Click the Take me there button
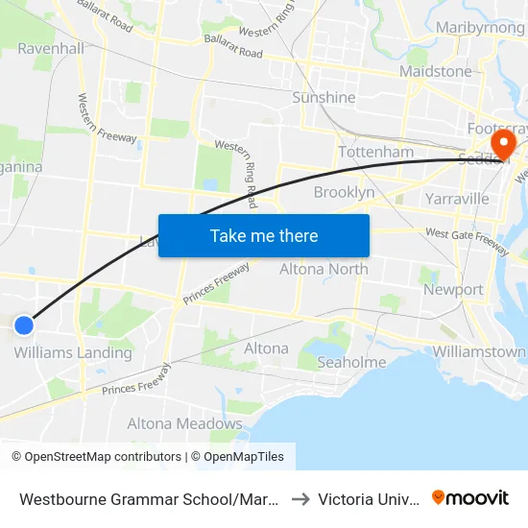tap(264, 235)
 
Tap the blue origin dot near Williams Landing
tap(25, 325)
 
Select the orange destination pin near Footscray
tap(501, 144)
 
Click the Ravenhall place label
tap(50, 48)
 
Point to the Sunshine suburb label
tap(324, 98)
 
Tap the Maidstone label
tap(436, 71)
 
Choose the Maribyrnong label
tap(479, 28)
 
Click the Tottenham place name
tap(376, 152)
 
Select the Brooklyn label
tap(344, 192)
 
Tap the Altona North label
tap(324, 269)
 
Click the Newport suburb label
tap(453, 289)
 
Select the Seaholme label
tap(351, 362)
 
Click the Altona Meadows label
tap(185, 423)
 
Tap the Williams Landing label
tap(73, 352)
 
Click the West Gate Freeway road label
tap(467, 239)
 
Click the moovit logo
tap(470, 497)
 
